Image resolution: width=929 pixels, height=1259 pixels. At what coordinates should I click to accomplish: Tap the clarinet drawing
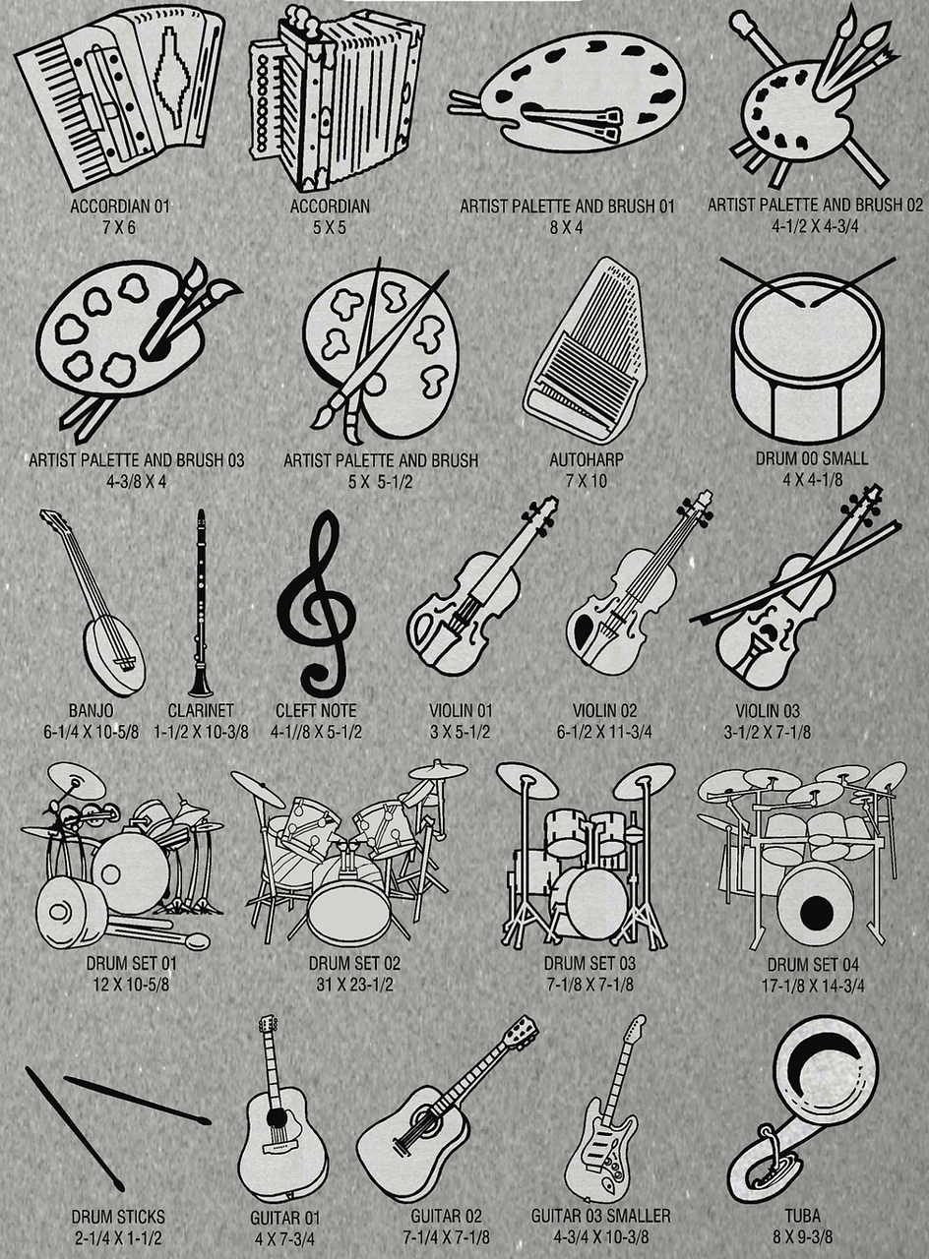coord(200,604)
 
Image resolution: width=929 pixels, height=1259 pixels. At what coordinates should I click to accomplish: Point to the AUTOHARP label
coord(587,459)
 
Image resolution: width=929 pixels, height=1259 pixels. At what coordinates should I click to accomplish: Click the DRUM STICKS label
coord(118,1217)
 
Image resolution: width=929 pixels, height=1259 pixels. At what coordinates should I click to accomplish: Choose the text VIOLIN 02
coord(604,710)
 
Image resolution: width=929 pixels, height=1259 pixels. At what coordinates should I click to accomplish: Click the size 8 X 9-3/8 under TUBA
coord(802,1236)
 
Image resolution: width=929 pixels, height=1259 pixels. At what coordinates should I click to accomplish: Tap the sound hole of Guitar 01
coord(276,1115)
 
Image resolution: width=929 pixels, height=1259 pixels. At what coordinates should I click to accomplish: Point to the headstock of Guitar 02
coord(521,1028)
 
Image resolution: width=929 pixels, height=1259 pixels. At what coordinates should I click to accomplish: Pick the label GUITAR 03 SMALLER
coord(600,1216)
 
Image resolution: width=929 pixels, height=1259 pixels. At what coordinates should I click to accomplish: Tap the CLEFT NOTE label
coord(316,710)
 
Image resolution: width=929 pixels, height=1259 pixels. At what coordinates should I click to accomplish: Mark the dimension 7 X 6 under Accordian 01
coord(119,227)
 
